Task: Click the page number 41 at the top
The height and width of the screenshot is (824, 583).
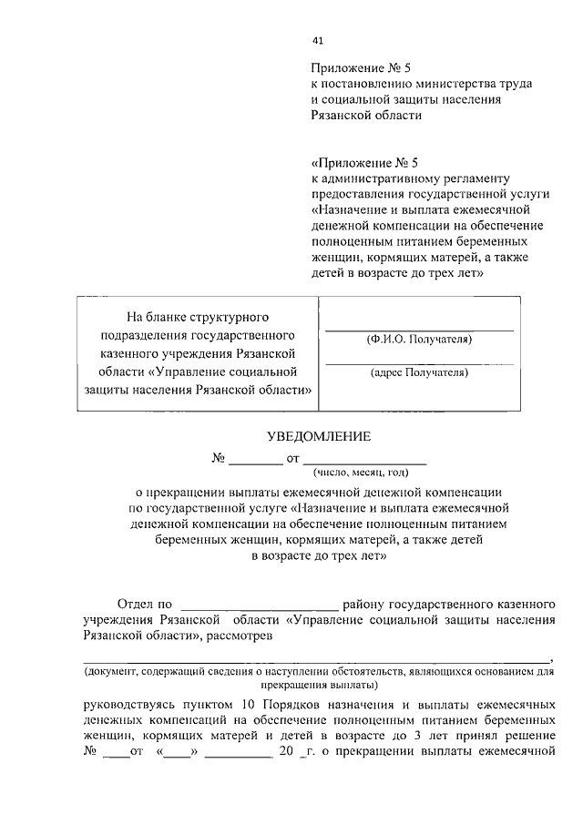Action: click(317, 40)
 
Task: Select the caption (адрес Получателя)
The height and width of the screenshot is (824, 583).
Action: click(419, 371)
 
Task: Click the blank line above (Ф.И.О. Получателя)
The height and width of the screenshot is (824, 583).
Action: click(419, 329)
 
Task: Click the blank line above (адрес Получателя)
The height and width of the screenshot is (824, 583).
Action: click(419, 362)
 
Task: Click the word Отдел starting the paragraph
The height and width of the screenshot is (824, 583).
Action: click(138, 604)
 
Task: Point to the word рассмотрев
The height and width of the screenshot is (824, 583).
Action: click(240, 636)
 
